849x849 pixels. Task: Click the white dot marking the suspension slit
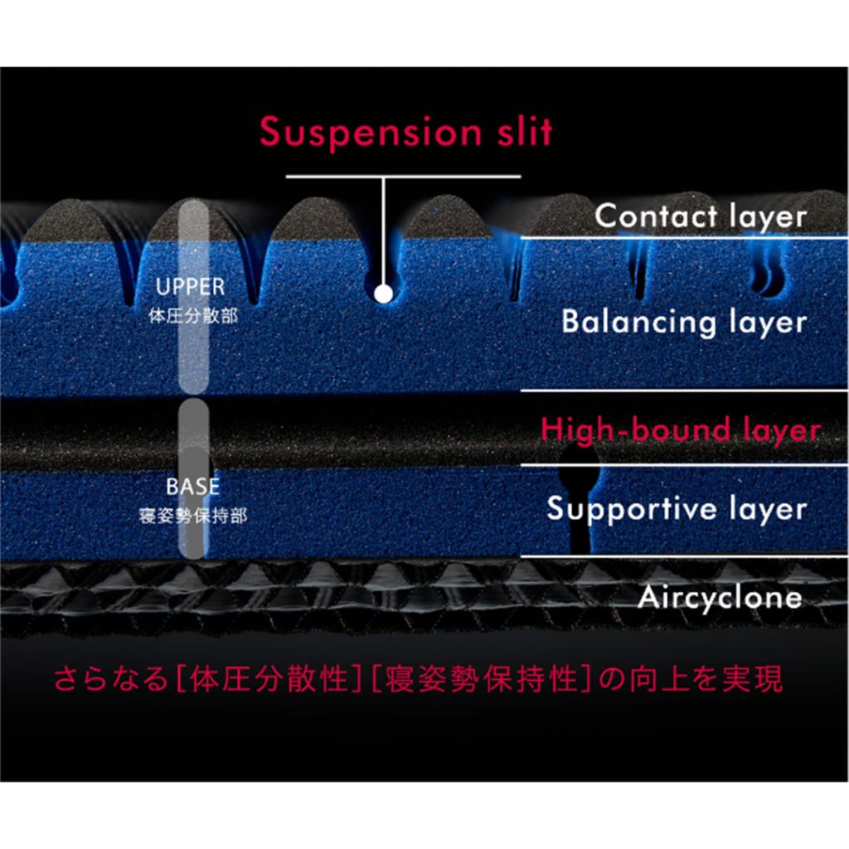click(382, 293)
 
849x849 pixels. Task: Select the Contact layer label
click(701, 216)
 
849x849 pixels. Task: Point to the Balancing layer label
click(684, 322)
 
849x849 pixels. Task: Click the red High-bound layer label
click(681, 430)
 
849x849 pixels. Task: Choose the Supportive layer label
click(677, 508)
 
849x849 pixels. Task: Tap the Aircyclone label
click(720, 597)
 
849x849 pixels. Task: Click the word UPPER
click(191, 287)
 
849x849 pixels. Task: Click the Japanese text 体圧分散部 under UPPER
click(191, 316)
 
